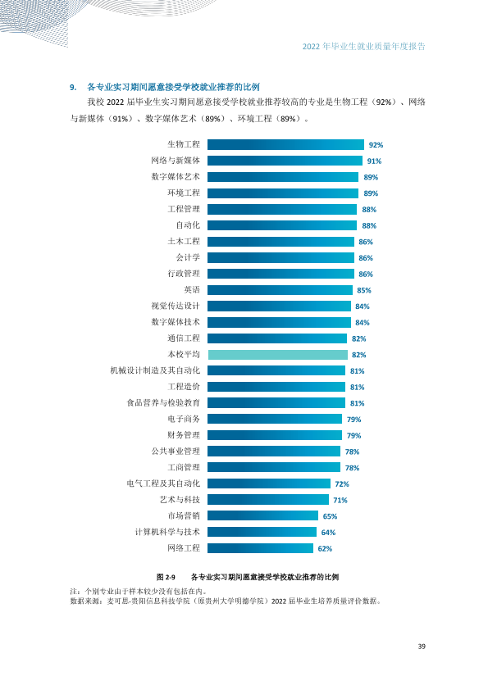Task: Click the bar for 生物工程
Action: [286, 144]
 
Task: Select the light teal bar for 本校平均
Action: [277, 354]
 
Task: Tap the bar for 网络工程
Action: [260, 548]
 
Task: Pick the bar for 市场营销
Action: [263, 515]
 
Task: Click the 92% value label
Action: [376, 145]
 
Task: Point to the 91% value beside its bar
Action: [374, 161]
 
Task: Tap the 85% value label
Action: [364, 290]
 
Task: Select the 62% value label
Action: [325, 549]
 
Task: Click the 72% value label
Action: [342, 484]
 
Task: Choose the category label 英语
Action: [192, 289]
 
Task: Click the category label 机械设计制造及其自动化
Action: [155, 370]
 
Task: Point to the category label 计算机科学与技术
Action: [167, 532]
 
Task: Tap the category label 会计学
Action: [188, 257]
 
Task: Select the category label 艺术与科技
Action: [180, 499]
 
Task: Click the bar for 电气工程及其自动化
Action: [269, 483]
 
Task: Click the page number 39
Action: [422, 647]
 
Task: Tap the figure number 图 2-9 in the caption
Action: [166, 577]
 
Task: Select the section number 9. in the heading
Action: [73, 87]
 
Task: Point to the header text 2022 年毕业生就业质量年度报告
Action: [364, 47]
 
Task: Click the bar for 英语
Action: [280, 290]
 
